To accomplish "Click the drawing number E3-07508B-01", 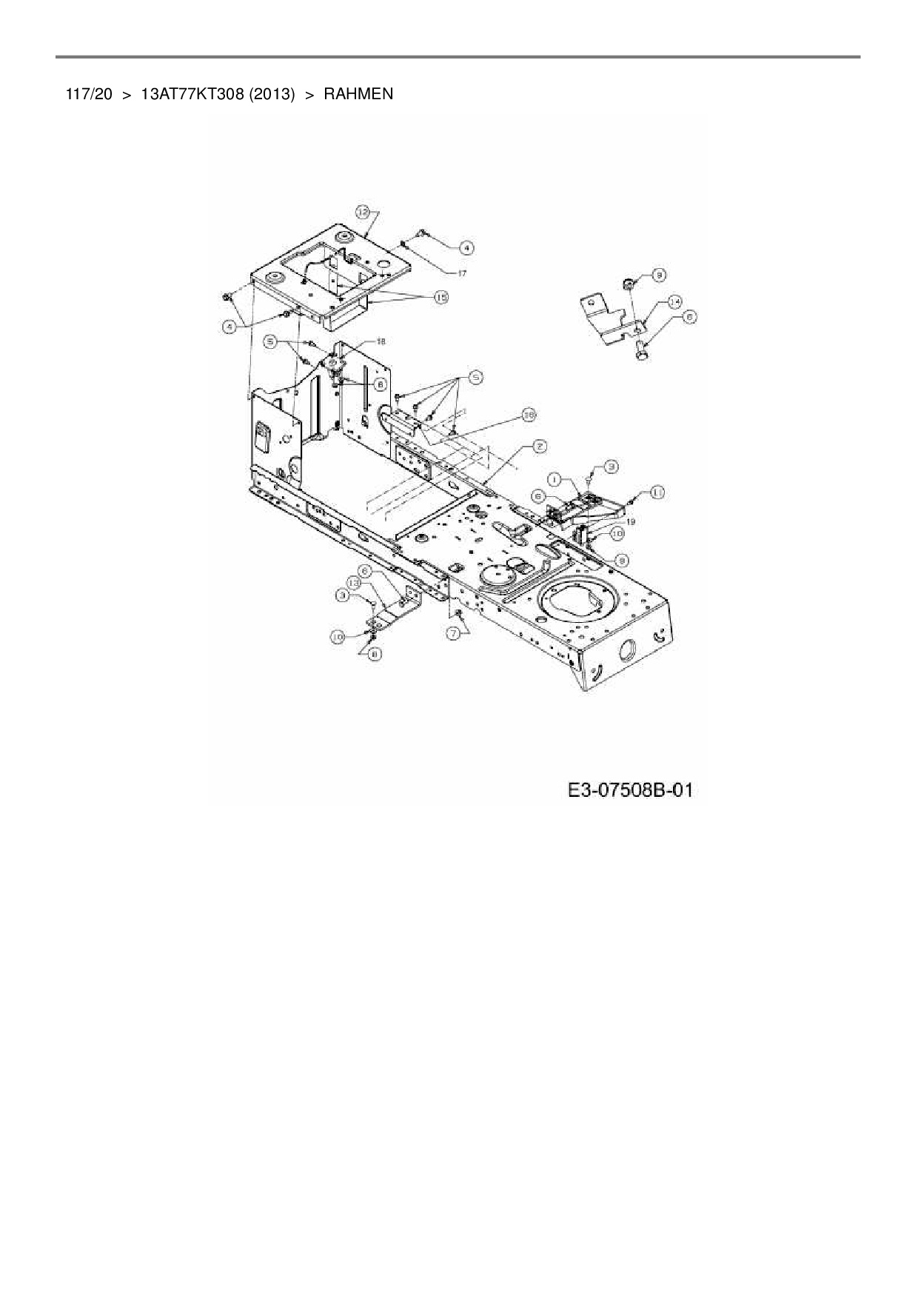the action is click(x=630, y=790).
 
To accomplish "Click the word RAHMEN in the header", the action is click(x=358, y=94).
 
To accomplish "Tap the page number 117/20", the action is click(x=88, y=94).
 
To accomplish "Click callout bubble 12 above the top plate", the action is click(x=363, y=212).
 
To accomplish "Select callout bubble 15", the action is click(x=441, y=297).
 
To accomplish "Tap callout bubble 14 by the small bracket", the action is click(x=674, y=301).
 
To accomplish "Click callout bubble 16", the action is click(x=528, y=415).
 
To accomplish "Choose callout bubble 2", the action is click(x=540, y=446).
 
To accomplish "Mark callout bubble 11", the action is click(x=657, y=491).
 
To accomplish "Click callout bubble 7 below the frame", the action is click(x=456, y=634).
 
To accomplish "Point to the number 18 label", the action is click(x=381, y=341).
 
